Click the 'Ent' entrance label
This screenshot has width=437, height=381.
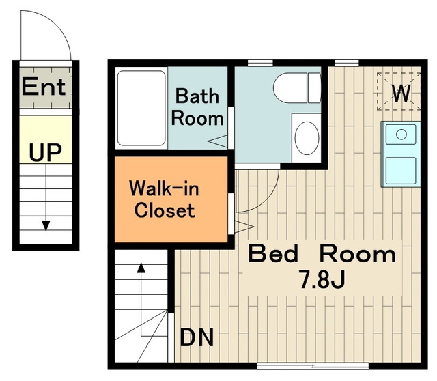(x=44, y=87)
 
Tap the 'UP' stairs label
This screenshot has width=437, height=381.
(x=45, y=152)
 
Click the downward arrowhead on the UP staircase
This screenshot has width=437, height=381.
(x=46, y=225)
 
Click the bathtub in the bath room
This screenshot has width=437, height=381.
(x=141, y=108)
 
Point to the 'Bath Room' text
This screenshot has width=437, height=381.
(x=197, y=107)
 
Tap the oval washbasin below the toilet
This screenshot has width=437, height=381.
(x=307, y=138)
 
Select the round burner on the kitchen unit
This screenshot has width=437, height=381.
(x=401, y=135)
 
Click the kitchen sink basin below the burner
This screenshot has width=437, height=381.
(x=401, y=171)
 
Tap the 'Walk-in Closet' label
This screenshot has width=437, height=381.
(x=165, y=199)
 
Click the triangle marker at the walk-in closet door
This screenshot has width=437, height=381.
(x=244, y=226)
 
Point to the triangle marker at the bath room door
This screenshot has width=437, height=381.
(x=218, y=141)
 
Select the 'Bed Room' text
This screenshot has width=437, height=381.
(x=322, y=253)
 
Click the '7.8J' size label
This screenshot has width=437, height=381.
(x=322, y=279)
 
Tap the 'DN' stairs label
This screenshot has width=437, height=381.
(x=197, y=337)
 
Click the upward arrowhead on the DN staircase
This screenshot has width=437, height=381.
(x=141, y=268)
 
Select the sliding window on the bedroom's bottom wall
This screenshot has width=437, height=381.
(x=313, y=366)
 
